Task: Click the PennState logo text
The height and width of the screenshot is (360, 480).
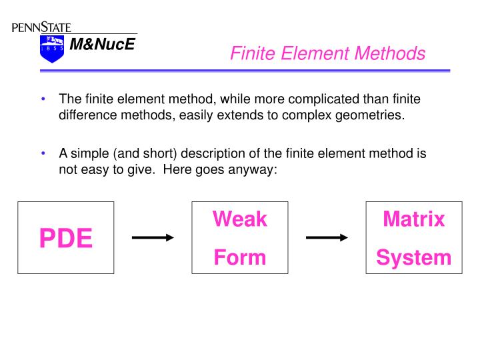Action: (x=41, y=27)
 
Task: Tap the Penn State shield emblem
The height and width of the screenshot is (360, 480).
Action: (x=51, y=49)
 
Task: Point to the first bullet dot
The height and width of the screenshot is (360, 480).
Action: (x=43, y=99)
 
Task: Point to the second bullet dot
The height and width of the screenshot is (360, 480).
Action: (x=43, y=153)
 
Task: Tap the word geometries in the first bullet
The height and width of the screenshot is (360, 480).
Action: (x=372, y=115)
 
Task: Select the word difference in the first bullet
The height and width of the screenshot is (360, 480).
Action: (x=87, y=115)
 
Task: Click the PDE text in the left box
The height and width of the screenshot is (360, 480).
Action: (x=65, y=238)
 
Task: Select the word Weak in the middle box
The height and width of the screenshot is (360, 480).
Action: (x=239, y=219)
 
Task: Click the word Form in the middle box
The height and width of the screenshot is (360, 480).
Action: (x=239, y=257)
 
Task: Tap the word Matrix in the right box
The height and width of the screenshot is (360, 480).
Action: (x=413, y=219)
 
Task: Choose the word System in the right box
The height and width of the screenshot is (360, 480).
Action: (x=413, y=257)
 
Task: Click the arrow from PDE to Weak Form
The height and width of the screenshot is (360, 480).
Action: (x=153, y=237)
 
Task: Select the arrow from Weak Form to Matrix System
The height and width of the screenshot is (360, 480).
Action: (x=327, y=237)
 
